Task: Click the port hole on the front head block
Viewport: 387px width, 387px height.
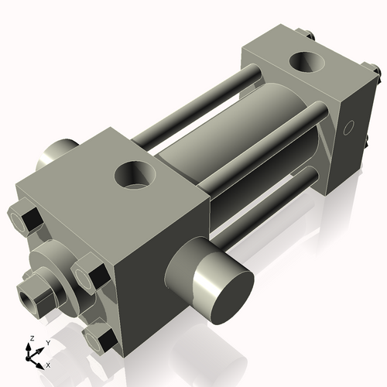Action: [135, 175]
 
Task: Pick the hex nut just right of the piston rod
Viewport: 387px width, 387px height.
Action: [91, 277]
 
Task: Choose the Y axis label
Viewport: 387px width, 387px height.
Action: [47, 342]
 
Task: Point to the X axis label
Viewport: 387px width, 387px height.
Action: [49, 364]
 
